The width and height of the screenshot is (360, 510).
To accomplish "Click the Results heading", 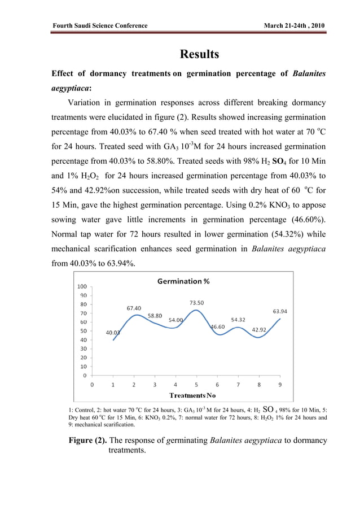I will click(199, 55).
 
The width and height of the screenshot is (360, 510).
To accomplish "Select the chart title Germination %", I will click(183, 281).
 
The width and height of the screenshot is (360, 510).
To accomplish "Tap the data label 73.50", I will click(196, 303).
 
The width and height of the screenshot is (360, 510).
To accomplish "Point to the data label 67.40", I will click(134, 308).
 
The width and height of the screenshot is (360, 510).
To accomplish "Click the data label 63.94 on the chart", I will click(280, 311).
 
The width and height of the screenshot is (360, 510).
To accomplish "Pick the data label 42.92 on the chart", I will click(259, 329).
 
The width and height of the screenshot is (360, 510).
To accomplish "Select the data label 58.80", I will click(155, 316).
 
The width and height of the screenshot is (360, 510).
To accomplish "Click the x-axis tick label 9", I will click(280, 385).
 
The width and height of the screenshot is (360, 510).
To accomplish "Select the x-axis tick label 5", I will click(196, 385).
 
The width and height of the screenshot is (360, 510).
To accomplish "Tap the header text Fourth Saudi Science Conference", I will click(100, 26).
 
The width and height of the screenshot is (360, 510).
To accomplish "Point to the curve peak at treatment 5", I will click(196, 310).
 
